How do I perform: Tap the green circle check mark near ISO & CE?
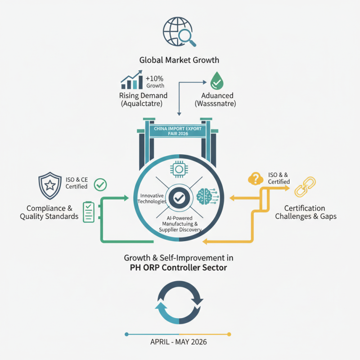(x=101, y=184)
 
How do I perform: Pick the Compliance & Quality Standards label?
(x=49, y=212)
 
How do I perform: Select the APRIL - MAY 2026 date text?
(x=179, y=342)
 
